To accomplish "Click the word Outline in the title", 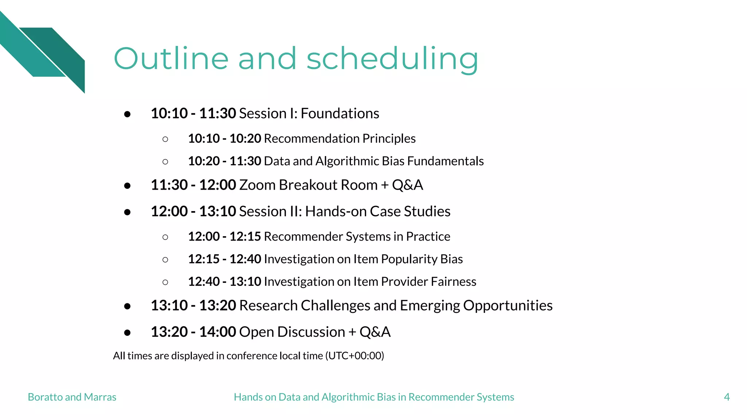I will pyautogui.click(x=171, y=59).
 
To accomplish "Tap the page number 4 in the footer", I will pyautogui.click(x=727, y=397).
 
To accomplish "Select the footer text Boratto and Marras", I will pyautogui.click(x=72, y=397).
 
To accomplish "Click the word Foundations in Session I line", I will pyautogui.click(x=340, y=113).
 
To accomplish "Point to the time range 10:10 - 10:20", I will pyautogui.click(x=224, y=139).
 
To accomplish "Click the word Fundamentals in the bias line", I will pyautogui.click(x=445, y=161).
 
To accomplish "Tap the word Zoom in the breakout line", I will pyautogui.click(x=257, y=185).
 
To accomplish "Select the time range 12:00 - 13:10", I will pyautogui.click(x=193, y=211).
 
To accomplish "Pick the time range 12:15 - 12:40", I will pyautogui.click(x=224, y=259).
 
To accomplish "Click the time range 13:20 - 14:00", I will pyautogui.click(x=193, y=332).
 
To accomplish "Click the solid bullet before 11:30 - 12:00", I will pyautogui.click(x=127, y=186).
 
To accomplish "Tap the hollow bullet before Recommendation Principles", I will pyautogui.click(x=165, y=139).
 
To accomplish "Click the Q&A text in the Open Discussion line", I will pyautogui.click(x=375, y=332).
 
